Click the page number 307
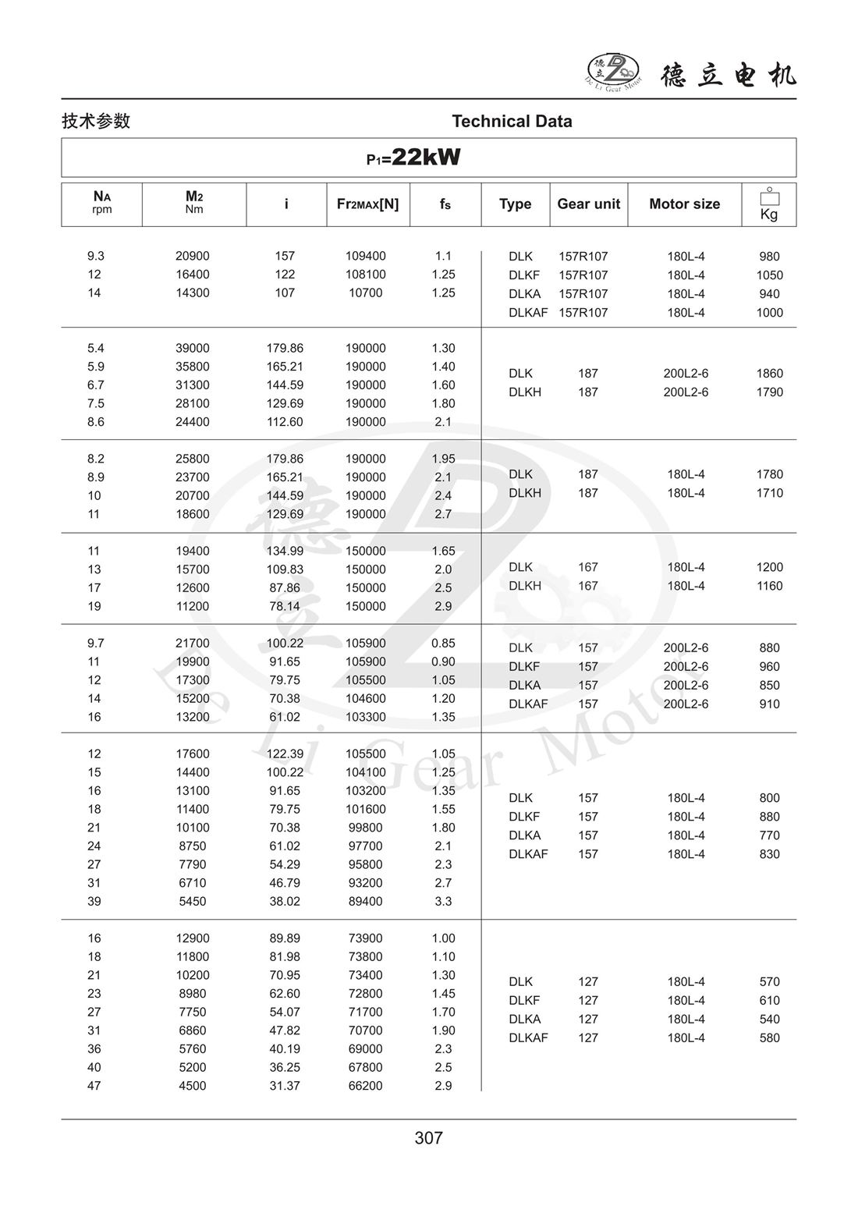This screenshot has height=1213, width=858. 428,1138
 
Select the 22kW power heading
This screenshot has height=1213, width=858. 414,158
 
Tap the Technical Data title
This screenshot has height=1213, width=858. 512,122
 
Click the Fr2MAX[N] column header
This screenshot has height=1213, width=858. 367,204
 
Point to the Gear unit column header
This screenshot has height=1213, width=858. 588,204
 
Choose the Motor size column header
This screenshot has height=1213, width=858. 684,204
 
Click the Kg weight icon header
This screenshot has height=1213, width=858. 769,204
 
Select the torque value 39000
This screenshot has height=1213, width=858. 192,349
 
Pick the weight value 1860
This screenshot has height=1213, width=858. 769,374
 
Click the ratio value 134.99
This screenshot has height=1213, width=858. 285,552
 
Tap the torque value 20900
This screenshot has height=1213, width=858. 192,257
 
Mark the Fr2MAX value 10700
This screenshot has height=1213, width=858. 366,293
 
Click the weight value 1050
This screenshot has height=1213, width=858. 769,275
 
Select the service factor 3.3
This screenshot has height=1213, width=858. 443,902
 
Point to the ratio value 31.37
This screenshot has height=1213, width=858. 285,1086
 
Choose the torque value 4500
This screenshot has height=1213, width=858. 192,1086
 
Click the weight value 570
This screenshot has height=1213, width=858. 769,982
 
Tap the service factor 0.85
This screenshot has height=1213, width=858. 443,644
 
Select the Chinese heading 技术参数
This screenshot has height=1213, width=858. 96,122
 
